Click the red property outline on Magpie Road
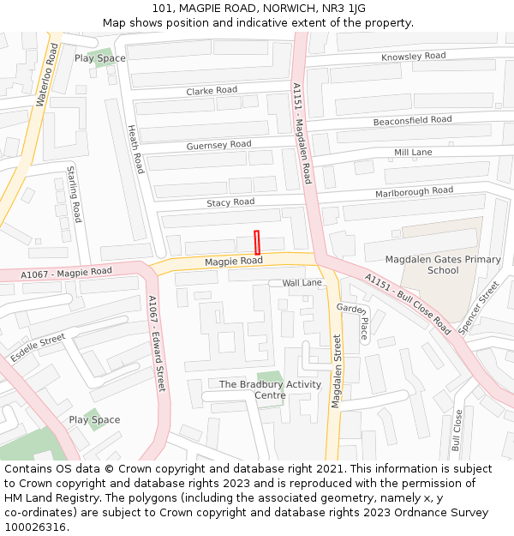pos(256,242)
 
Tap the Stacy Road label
pos(230,202)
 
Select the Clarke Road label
pos(212,90)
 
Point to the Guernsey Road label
pos(218,145)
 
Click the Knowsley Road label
pos(414,57)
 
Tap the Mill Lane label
pos(413,152)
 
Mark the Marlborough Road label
pos(414,192)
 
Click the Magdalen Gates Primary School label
pos(443,264)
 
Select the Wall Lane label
pos(302,282)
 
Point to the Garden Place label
pos(353,321)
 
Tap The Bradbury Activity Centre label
pos(270,389)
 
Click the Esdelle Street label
pos(38,347)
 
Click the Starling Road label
pos(75,195)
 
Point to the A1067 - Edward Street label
pos(155,343)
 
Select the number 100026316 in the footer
pos(35,527)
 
